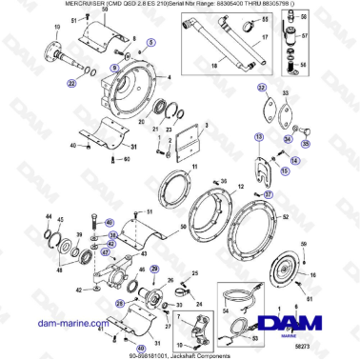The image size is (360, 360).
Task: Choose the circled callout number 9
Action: (115, 68)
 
